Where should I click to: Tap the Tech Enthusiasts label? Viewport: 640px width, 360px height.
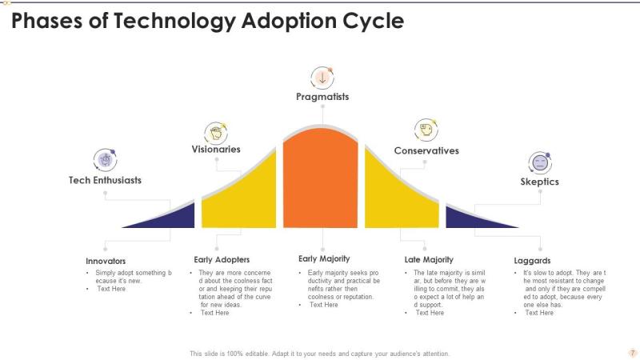(x=105, y=180)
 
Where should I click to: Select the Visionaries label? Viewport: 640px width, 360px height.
(x=216, y=149)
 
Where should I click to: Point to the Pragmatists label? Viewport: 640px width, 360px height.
(x=322, y=97)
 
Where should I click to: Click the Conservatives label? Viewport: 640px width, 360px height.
(x=426, y=150)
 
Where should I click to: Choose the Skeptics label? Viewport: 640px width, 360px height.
(x=539, y=182)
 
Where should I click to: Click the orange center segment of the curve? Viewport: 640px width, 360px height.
(x=321, y=179)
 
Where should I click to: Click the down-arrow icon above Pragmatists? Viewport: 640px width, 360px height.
(x=322, y=78)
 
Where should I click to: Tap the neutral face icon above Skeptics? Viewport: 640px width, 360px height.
(x=540, y=163)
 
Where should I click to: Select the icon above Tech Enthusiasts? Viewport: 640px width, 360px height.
(x=106, y=159)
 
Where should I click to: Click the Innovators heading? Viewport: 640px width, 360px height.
(x=106, y=261)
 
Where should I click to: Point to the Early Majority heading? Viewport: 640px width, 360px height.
(x=324, y=258)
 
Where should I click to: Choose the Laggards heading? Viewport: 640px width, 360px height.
(x=532, y=261)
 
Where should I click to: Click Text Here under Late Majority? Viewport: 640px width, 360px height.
(x=430, y=313)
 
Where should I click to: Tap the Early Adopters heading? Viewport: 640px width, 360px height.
(x=222, y=259)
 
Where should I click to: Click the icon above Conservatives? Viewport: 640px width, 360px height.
(x=426, y=130)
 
